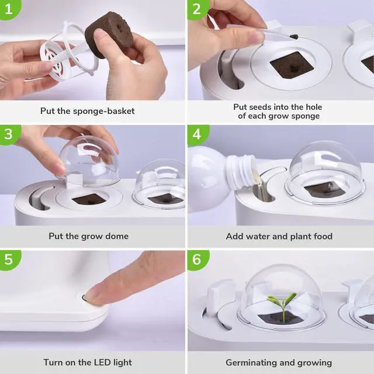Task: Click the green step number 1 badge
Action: [8, 8]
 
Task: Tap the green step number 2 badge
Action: [197, 8]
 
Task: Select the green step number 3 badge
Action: [8, 134]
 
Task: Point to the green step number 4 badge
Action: [197, 134]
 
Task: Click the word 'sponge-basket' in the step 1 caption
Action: [109, 110]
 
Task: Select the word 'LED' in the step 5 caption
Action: [105, 363]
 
